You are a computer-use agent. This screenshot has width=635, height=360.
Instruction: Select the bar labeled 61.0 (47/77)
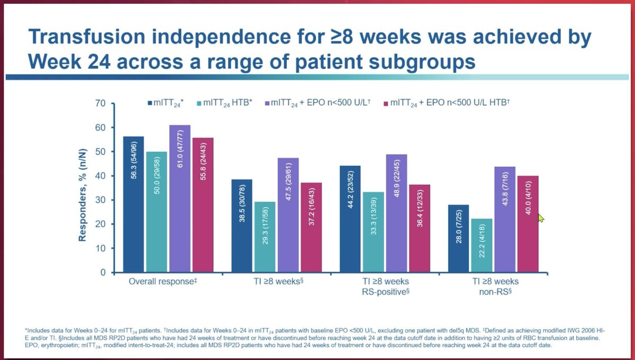[180, 199]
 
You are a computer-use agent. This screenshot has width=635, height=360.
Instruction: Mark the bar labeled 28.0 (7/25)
[458, 239]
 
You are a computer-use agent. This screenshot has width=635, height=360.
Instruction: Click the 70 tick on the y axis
[100, 103]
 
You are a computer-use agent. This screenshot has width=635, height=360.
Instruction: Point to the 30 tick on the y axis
[100, 200]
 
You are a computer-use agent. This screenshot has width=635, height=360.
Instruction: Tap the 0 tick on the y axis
[103, 273]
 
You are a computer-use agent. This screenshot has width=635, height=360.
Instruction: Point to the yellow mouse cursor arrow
[541, 218]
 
